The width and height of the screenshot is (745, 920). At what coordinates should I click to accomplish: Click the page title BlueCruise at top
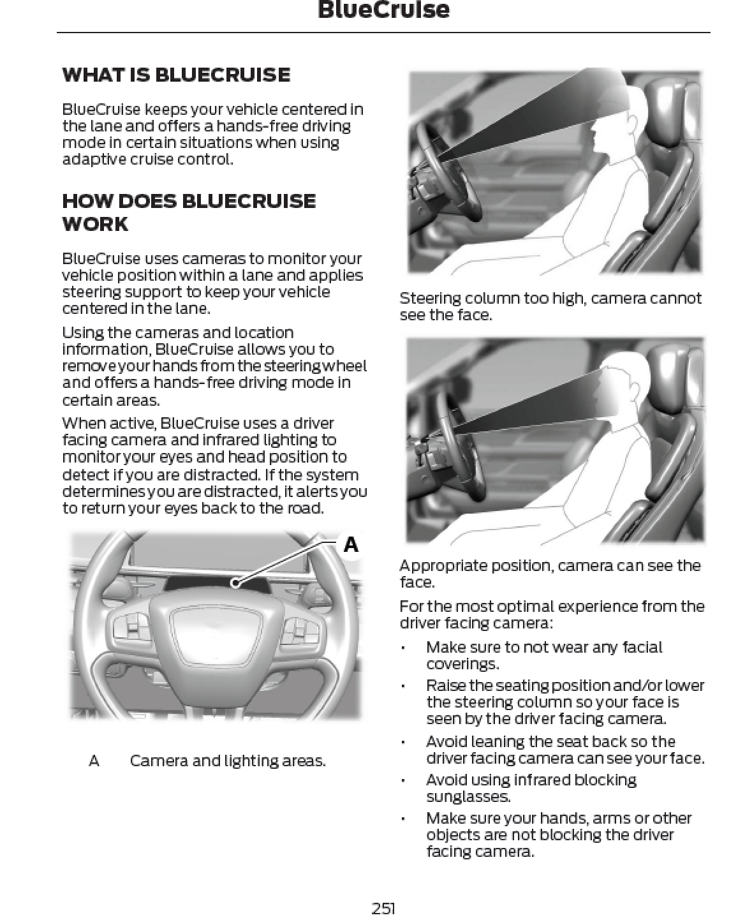[x=383, y=10]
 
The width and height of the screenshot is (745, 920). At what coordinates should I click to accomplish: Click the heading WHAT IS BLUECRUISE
[x=176, y=75]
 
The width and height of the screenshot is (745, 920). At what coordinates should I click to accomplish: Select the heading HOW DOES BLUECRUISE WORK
[x=188, y=212]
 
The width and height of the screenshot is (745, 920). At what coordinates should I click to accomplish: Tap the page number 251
[x=383, y=908]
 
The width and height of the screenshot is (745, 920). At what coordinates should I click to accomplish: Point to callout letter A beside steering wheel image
[x=351, y=544]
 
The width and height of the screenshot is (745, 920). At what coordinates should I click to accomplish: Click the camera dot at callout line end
[x=235, y=582]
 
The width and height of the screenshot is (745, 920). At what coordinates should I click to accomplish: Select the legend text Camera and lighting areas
[x=227, y=760]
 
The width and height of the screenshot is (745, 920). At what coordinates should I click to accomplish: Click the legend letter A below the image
[x=94, y=760]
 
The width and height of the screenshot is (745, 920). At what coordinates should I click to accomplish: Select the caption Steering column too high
[x=550, y=306]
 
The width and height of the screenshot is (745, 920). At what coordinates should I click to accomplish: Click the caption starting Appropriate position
[x=550, y=574]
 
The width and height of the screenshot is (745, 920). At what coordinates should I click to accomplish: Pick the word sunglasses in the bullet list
[x=468, y=796]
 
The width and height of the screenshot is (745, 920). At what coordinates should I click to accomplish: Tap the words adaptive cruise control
[x=147, y=159]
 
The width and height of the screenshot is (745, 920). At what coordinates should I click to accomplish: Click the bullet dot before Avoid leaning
[x=403, y=742]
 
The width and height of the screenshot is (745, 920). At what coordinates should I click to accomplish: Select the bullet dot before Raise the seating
[x=403, y=686]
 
